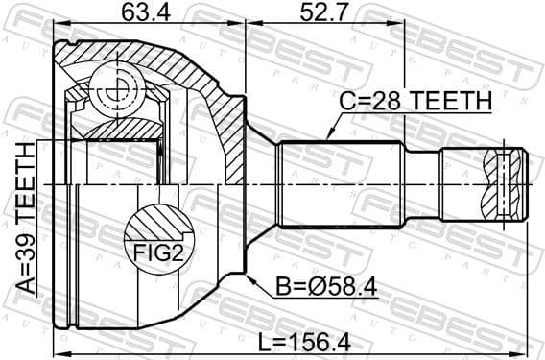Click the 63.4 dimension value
click(142, 13)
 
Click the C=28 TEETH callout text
click(416, 100)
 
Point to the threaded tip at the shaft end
click(509, 181)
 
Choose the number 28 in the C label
click(389, 100)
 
